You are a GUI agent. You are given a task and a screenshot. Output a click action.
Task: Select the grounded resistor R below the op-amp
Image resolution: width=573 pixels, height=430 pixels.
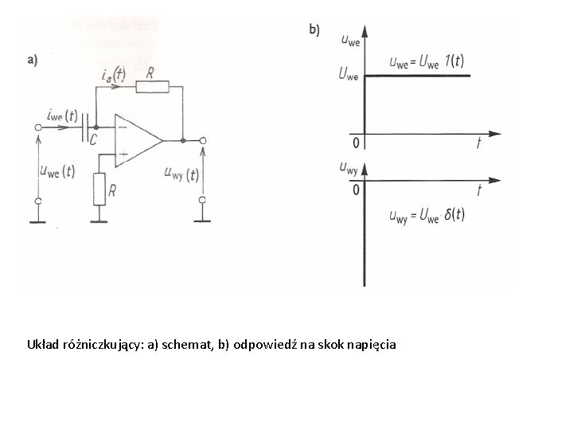click(x=99, y=187)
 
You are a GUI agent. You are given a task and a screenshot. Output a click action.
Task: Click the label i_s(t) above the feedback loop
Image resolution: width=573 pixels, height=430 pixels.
click(x=113, y=74)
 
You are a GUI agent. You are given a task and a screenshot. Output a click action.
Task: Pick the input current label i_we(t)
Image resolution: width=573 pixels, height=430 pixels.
click(x=60, y=116)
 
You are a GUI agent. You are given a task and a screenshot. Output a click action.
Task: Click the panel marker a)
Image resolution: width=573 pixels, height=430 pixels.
click(x=33, y=59)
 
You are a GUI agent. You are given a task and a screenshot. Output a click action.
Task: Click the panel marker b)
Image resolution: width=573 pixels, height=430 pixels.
click(x=314, y=29)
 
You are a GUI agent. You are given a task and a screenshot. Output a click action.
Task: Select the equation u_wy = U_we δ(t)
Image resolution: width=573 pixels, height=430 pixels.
click(x=427, y=215)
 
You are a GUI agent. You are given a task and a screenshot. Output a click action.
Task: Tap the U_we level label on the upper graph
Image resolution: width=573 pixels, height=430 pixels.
click(x=348, y=76)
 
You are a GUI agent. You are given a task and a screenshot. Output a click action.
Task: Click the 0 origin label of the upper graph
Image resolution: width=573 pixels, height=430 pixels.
click(x=356, y=143)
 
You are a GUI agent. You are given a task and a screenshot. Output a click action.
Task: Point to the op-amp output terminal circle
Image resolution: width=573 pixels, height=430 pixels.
click(x=202, y=141)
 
